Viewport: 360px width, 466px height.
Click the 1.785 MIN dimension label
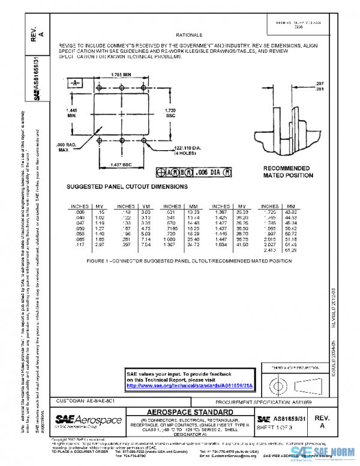coord(121,74)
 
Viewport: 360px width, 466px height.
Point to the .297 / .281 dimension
coord(319,86)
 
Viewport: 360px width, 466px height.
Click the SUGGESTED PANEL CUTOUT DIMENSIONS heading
coord(127,187)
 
